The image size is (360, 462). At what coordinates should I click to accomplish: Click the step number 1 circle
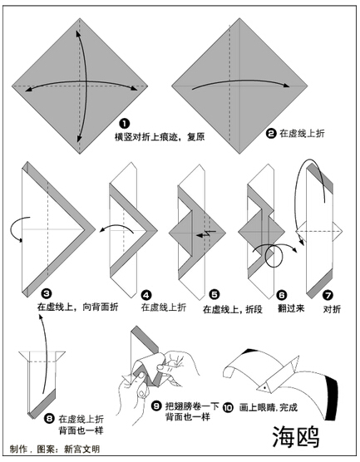click(x=125, y=124)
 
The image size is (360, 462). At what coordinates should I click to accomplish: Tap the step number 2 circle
click(x=270, y=134)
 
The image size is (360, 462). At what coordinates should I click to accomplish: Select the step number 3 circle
click(x=47, y=293)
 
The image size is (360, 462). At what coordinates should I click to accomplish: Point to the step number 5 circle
click(x=215, y=295)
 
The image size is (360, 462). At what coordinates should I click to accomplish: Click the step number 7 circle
click(x=328, y=295)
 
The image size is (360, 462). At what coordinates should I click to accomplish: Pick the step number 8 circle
click(x=49, y=419)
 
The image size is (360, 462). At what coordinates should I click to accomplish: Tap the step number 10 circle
click(x=228, y=407)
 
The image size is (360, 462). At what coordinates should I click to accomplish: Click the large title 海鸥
click(x=296, y=437)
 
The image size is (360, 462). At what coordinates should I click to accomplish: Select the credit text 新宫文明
click(x=81, y=449)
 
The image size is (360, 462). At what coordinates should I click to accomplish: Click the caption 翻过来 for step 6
click(x=291, y=308)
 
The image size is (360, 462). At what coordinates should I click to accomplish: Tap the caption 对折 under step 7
click(x=332, y=309)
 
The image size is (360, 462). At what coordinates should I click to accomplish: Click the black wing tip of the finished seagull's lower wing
click(x=331, y=399)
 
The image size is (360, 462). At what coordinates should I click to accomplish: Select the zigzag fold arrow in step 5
click(x=207, y=234)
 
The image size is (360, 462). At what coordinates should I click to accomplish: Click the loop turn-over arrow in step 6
click(x=274, y=255)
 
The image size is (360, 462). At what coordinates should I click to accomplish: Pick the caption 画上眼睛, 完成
click(x=268, y=407)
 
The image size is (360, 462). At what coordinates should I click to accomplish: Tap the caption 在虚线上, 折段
click(x=232, y=309)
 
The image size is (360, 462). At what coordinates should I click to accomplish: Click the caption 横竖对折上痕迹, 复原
click(x=160, y=137)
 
